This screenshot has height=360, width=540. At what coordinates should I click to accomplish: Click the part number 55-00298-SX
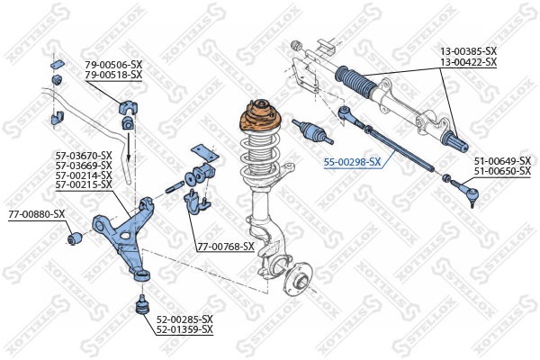(352, 162)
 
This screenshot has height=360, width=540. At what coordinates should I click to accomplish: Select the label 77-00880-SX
(37, 214)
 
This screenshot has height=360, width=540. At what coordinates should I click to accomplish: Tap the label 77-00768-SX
(226, 247)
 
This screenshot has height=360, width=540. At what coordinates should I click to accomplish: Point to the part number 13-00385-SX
(469, 51)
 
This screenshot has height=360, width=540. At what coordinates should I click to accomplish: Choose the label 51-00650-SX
(502, 171)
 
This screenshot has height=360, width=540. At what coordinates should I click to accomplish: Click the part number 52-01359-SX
(184, 329)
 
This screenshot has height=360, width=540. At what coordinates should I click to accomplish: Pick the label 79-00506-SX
(113, 65)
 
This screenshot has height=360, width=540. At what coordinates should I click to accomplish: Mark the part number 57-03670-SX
(84, 156)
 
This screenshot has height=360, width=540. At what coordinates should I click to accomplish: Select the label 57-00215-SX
(84, 185)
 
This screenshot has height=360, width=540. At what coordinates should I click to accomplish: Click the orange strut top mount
(260, 118)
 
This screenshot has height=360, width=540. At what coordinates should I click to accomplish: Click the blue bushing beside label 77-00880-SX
(74, 238)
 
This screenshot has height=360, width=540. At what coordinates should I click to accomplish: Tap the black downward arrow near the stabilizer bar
(129, 147)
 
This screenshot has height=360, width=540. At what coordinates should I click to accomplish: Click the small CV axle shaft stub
(312, 130)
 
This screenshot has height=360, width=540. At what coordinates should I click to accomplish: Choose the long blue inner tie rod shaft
(399, 148)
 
